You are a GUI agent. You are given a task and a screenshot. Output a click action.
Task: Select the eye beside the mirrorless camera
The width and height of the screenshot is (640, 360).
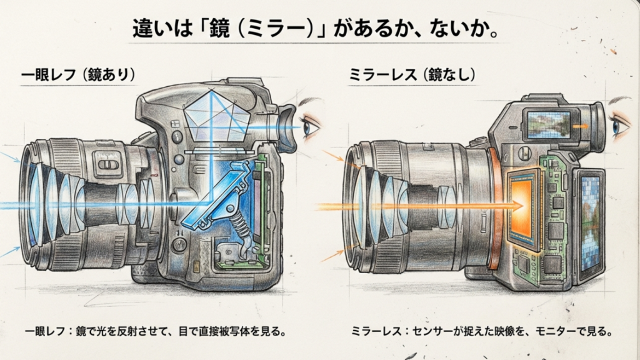620,126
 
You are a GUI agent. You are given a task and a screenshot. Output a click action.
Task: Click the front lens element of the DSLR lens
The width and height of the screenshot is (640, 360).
31,203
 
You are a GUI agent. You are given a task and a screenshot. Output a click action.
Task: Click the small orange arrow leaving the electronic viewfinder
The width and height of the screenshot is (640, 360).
581,126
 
